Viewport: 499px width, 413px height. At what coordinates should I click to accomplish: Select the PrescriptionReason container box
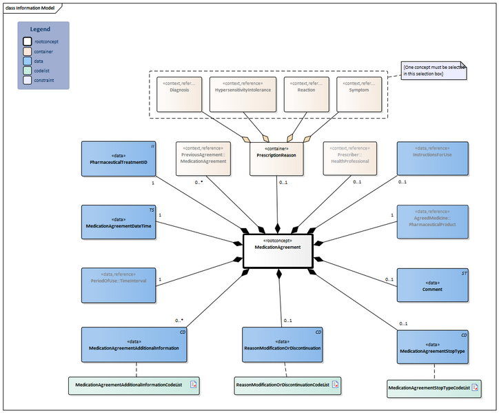[277, 159]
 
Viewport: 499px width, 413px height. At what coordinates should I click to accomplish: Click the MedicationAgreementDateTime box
[119, 221]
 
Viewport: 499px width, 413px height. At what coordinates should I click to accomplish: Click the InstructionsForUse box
[432, 159]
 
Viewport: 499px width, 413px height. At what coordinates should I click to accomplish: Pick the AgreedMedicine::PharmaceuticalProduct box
[432, 221]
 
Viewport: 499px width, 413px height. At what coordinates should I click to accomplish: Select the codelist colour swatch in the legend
[28, 70]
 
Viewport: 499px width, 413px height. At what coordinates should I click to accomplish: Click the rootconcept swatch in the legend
[28, 41]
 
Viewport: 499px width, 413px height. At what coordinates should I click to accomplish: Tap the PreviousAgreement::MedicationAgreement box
[202, 159]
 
